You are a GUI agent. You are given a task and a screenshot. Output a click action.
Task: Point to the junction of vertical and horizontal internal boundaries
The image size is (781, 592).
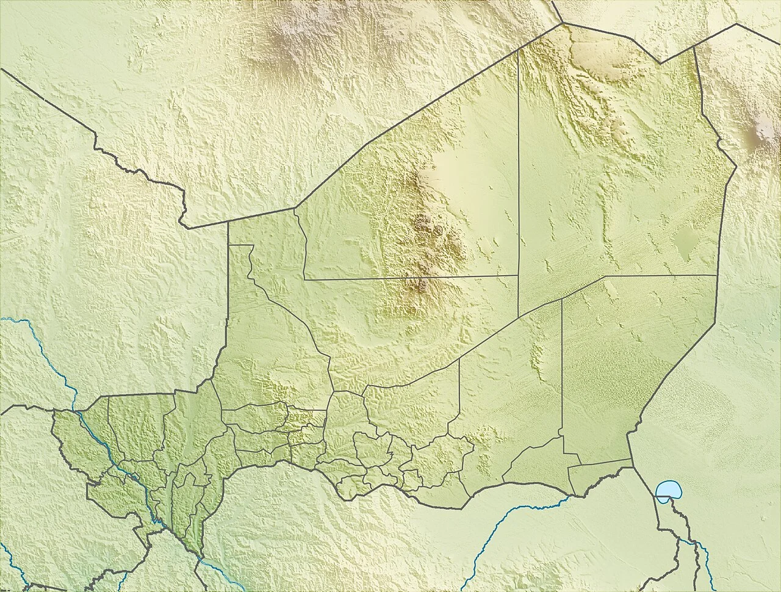[518, 276]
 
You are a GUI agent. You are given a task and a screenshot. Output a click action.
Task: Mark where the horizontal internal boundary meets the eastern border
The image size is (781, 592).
[716, 275]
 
